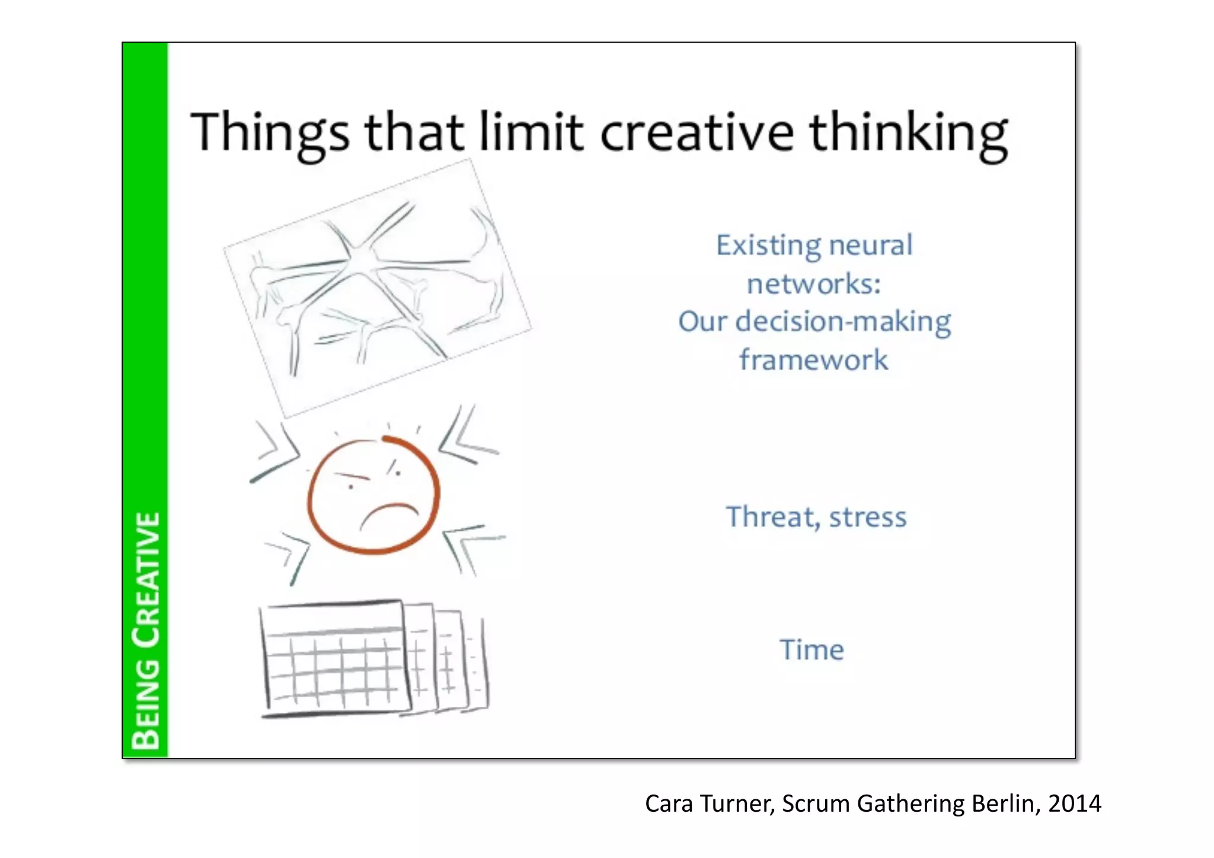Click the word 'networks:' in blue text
(814, 283)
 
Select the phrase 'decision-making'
(843, 322)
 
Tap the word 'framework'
(813, 360)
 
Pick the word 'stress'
(868, 517)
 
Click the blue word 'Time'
(812, 650)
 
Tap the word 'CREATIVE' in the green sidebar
(146, 579)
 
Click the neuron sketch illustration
(378, 288)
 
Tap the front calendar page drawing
(335, 658)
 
